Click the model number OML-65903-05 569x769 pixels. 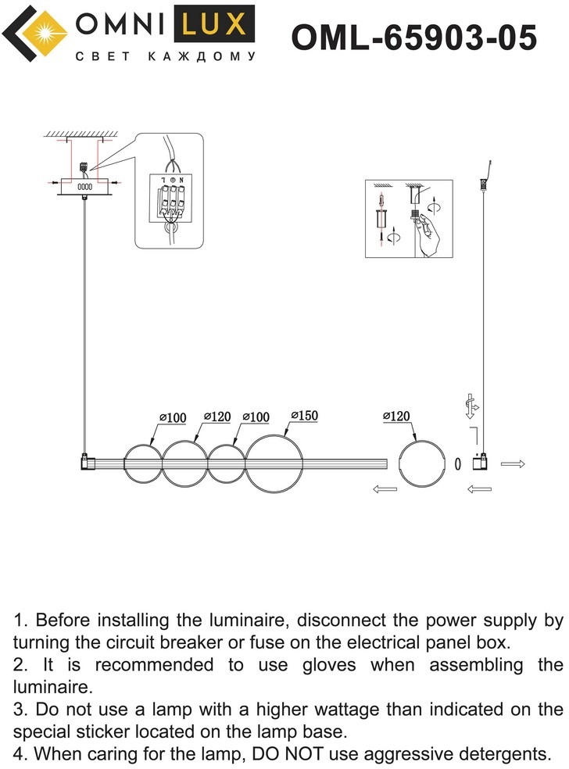point(414,36)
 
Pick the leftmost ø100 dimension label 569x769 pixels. point(172,418)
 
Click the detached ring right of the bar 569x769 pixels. point(420,463)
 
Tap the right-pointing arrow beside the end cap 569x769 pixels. point(513,463)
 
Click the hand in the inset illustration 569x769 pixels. point(428,234)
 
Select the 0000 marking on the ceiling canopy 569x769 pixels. point(84,187)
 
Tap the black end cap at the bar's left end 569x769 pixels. point(85,463)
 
